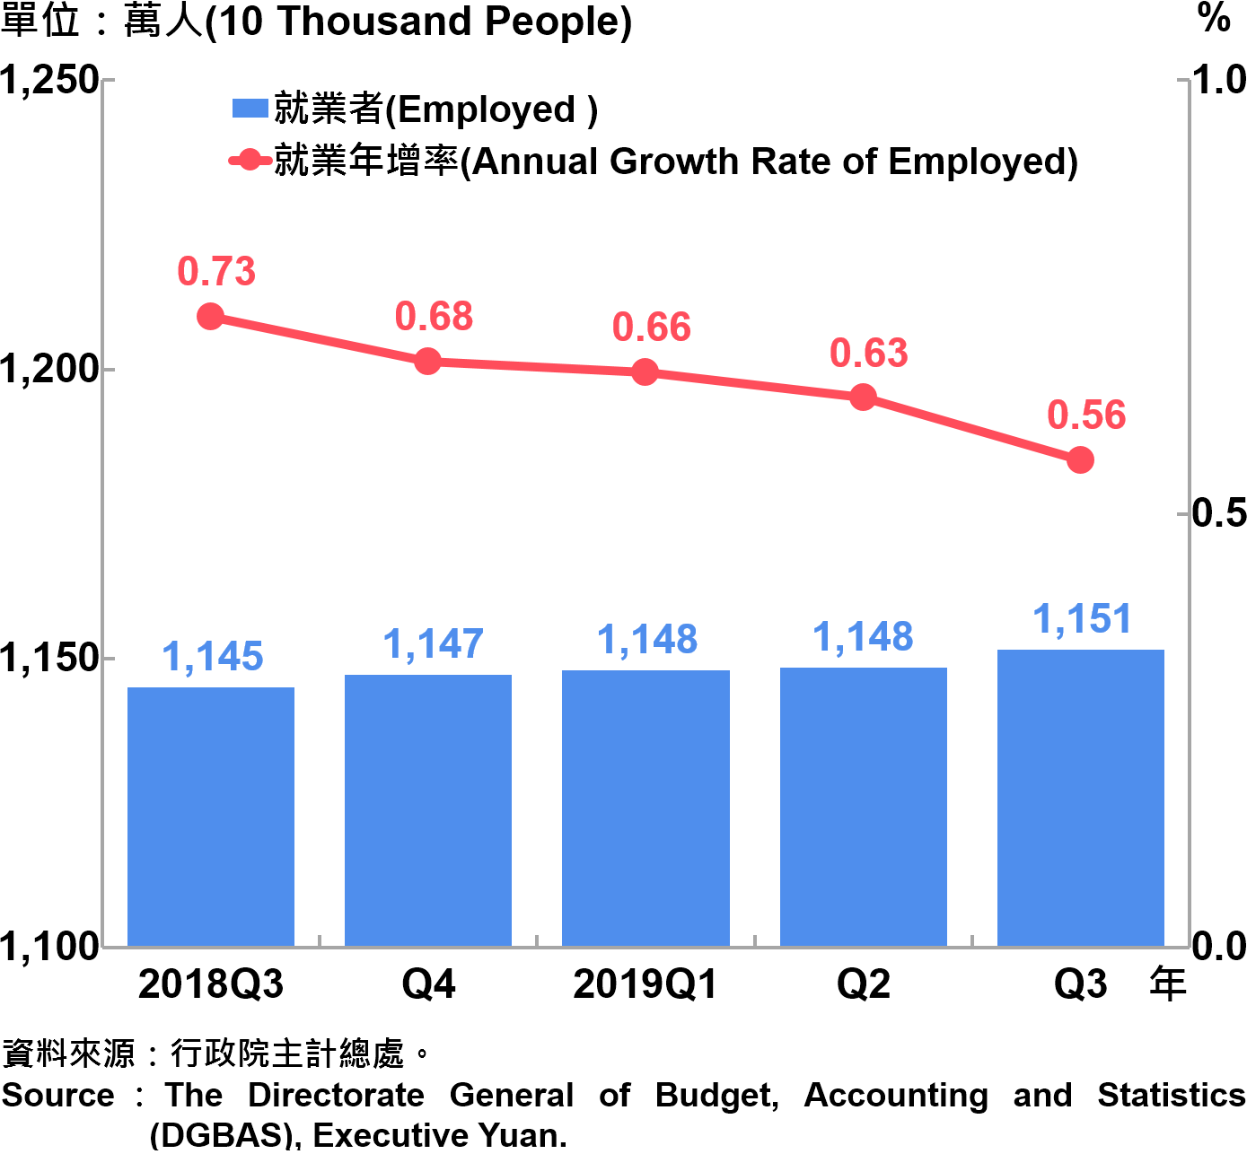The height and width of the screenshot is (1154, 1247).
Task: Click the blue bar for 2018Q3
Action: [x=211, y=817]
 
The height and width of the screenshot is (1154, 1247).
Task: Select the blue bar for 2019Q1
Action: [x=645, y=808]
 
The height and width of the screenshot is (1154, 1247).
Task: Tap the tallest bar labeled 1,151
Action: [x=1081, y=798]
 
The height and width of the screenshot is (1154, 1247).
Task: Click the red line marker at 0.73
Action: [x=211, y=317]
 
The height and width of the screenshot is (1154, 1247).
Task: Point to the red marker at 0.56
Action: [x=1081, y=460]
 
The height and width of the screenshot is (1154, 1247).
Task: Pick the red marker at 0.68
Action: [x=428, y=362]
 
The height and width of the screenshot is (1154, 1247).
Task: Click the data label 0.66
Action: [x=652, y=328]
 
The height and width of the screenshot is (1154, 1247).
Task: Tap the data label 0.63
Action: [x=869, y=354]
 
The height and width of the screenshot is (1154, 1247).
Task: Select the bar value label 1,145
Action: [x=213, y=657]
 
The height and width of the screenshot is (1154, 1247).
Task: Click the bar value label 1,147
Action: [x=434, y=644]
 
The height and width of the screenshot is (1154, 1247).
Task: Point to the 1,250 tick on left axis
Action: [x=50, y=81]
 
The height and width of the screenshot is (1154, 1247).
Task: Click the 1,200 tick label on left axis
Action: [x=50, y=369]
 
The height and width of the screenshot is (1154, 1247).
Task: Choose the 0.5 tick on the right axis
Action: [x=1219, y=513]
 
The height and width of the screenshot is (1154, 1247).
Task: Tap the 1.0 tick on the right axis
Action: [x=1219, y=81]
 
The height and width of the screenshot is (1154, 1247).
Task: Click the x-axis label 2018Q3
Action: [x=211, y=984]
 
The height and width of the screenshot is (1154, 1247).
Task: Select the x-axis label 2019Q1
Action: [x=645, y=984]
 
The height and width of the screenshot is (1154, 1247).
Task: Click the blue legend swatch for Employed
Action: [x=250, y=109]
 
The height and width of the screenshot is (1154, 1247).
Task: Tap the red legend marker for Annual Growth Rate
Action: [x=250, y=162]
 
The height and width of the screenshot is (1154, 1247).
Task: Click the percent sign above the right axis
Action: [x=1214, y=18]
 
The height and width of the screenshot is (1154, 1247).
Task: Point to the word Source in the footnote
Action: [x=58, y=1096]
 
